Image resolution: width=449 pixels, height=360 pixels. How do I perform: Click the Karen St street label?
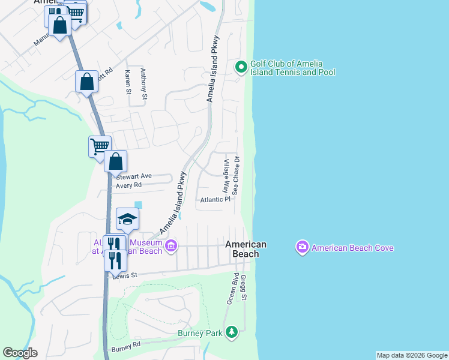tap(128, 82)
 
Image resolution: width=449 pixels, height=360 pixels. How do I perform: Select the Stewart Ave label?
tap(134, 176)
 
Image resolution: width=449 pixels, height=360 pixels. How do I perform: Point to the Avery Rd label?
tap(129, 186)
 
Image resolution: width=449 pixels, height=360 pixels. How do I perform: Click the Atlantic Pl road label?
tap(215, 200)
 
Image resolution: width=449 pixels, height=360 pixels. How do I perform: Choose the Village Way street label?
tap(226, 175)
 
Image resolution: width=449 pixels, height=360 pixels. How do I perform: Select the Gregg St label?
tap(244, 288)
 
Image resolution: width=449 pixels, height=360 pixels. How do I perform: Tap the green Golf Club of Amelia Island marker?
tap(241, 67)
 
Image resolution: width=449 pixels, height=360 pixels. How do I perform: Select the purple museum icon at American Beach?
tap(171, 246)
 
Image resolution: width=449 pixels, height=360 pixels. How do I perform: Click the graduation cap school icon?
tap(127, 220)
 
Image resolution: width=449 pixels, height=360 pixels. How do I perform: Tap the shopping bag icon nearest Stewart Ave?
tap(115, 161)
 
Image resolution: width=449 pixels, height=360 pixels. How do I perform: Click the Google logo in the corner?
tap(20, 353)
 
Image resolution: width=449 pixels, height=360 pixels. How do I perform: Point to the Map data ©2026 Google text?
tap(412, 355)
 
